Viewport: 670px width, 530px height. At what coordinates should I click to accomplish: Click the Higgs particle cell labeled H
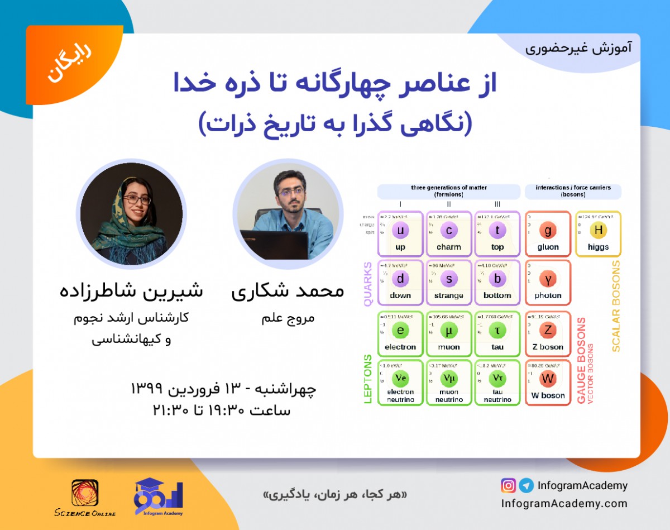click(598, 233)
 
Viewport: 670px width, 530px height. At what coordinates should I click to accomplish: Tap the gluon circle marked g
click(548, 231)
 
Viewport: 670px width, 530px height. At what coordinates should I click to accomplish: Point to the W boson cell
click(548, 381)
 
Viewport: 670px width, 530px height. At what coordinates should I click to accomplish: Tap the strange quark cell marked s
click(449, 281)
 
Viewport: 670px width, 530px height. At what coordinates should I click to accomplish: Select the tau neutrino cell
click(497, 381)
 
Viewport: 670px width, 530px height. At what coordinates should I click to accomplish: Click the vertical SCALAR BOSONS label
click(616, 306)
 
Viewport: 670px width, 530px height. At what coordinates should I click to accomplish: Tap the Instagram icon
click(508, 485)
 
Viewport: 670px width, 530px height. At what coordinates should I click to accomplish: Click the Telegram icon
click(525, 485)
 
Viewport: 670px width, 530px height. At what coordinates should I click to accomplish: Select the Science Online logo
click(85, 497)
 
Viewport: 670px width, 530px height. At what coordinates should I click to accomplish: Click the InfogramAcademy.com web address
click(564, 504)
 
